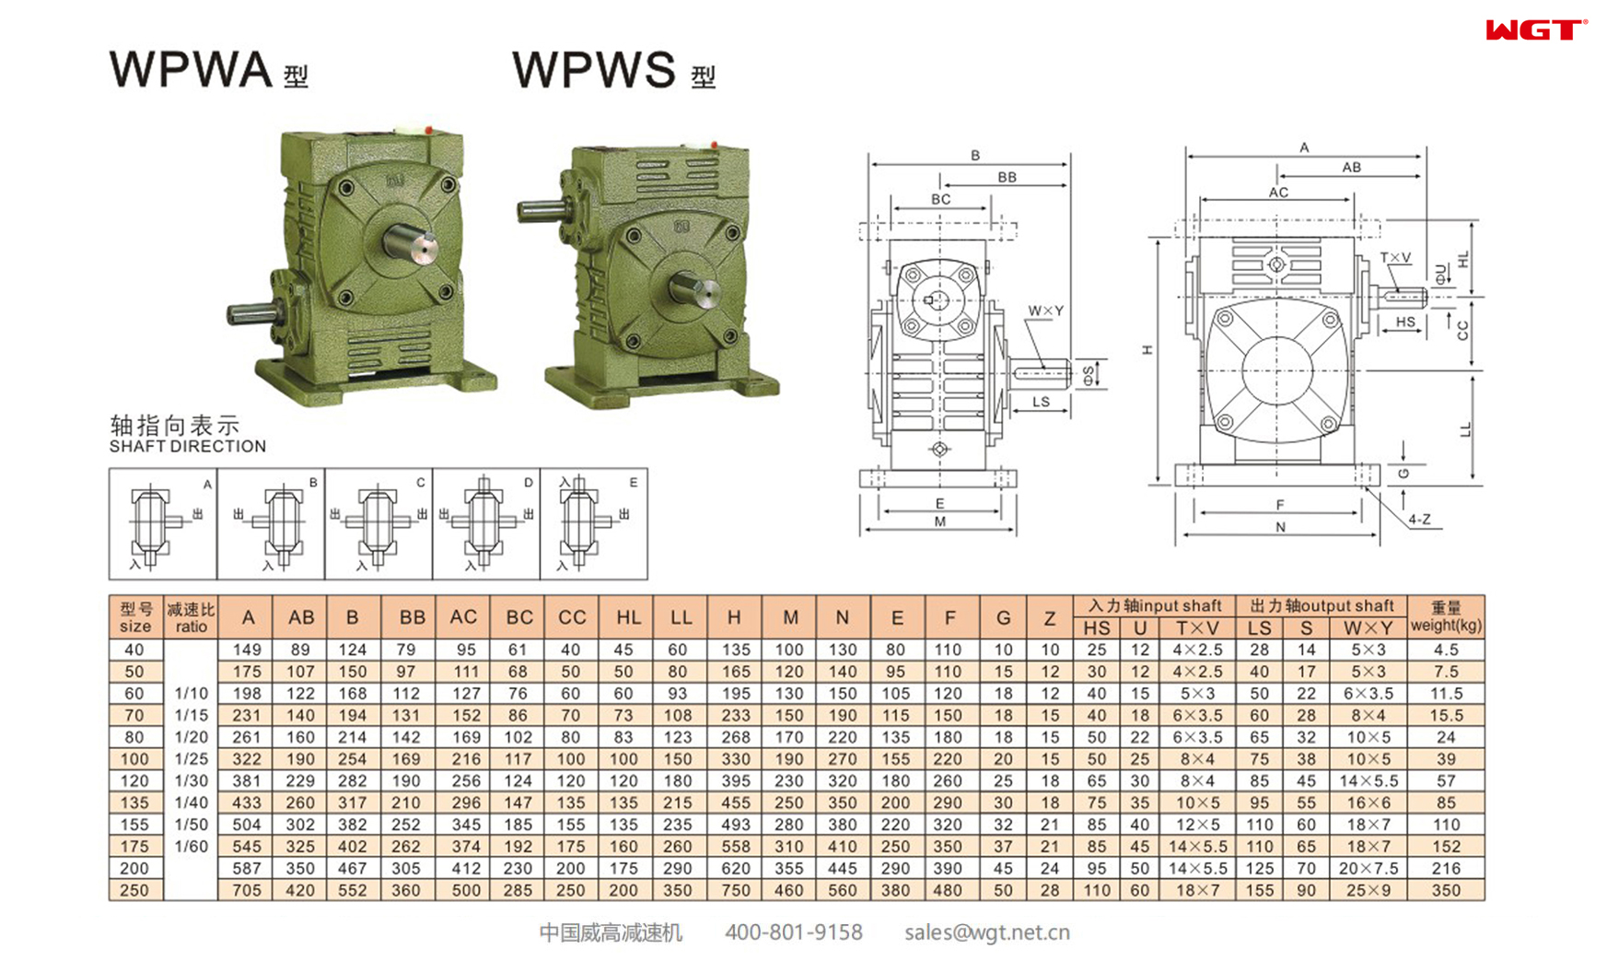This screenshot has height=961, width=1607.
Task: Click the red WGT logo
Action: click(1534, 30)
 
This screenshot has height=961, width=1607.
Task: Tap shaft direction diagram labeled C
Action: click(378, 523)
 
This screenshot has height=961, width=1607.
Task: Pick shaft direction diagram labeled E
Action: click(593, 523)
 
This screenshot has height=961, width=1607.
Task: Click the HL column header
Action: click(628, 617)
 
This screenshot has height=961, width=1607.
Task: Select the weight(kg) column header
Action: click(1446, 616)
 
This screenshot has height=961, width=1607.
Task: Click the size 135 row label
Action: click(134, 803)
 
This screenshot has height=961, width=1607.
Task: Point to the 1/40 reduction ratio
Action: click(191, 803)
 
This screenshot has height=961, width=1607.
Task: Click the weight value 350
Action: click(1446, 890)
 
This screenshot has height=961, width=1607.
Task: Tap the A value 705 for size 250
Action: click(246, 890)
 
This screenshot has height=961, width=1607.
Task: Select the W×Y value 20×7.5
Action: click(1368, 868)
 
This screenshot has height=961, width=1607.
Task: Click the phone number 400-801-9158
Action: click(793, 932)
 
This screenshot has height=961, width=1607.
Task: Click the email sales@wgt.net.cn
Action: click(986, 932)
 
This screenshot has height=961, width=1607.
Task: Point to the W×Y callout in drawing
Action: click(1045, 311)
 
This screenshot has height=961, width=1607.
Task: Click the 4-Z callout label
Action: click(1419, 520)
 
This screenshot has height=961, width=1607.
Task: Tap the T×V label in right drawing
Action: click(1394, 259)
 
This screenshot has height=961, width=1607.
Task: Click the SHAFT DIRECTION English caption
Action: click(187, 447)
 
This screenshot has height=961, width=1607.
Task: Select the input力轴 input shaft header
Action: click(1154, 605)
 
